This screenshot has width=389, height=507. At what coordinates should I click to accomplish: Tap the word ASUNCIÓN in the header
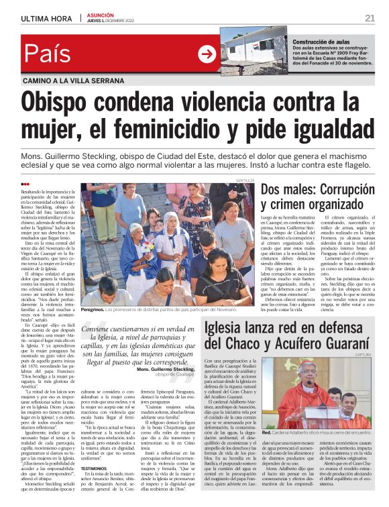pos(100,15)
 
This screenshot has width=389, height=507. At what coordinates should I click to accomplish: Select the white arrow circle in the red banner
pos(206,55)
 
